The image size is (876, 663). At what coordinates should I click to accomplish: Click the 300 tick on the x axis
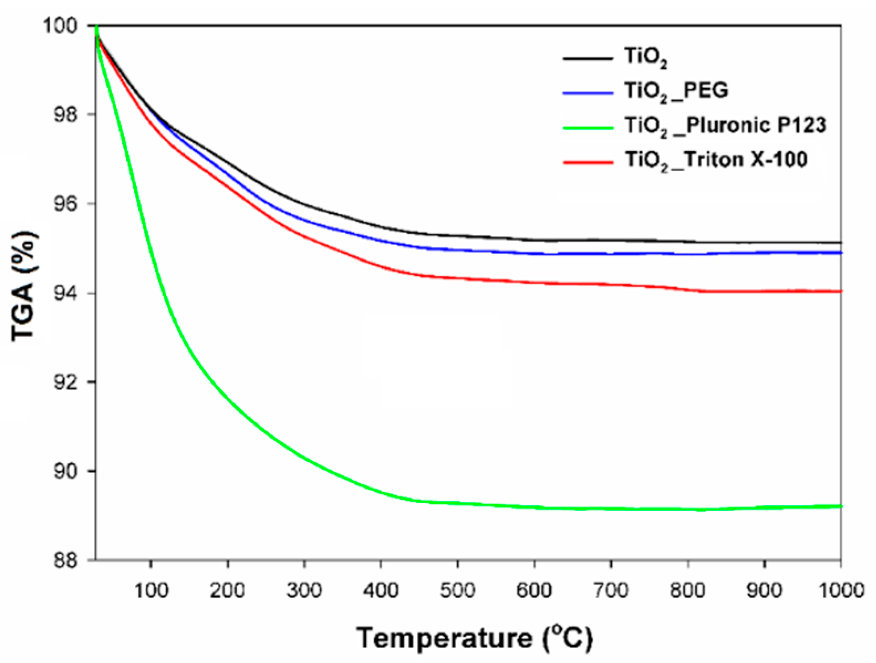pos(304,591)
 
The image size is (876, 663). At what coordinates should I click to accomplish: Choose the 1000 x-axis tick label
pos(841,591)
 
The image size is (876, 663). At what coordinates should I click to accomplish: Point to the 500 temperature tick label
pos(457,591)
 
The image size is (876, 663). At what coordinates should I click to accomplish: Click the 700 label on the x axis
pos(611,591)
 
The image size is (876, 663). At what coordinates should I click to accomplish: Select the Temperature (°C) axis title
pos(474,638)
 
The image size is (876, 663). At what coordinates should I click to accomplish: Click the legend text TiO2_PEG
pos(676,91)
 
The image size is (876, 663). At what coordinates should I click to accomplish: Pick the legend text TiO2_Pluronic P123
pos(725,126)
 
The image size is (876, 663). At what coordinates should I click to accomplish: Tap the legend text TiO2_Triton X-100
pos(716,160)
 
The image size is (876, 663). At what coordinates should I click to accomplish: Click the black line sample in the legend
pos(588,58)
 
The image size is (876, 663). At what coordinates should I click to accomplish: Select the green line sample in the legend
pos(588,127)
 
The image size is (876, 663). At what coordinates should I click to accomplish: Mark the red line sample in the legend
pos(588,162)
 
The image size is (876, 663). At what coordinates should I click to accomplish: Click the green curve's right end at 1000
pos(839,506)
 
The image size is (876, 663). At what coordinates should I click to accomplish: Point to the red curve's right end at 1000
pos(839,291)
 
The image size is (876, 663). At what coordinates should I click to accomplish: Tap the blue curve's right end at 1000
pos(839,253)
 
